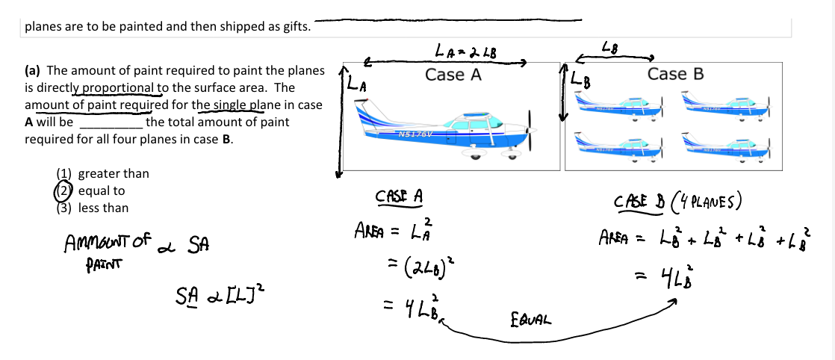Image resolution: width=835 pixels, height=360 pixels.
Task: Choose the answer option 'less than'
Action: (103, 208)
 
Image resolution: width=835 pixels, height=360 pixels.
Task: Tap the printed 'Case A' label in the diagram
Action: (453, 75)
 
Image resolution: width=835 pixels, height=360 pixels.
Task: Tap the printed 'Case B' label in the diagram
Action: (675, 74)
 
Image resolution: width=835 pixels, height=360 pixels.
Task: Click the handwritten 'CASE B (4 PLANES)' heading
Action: (677, 202)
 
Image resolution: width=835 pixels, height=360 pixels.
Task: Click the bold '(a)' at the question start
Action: (32, 71)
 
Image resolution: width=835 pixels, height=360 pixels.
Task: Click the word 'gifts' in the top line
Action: (294, 27)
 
